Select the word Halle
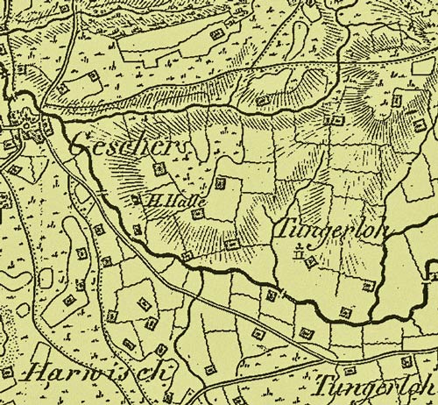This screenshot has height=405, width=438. click(x=174, y=198)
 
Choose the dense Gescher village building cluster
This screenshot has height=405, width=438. click(x=31, y=131)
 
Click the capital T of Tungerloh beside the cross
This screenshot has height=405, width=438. click(x=285, y=229)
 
